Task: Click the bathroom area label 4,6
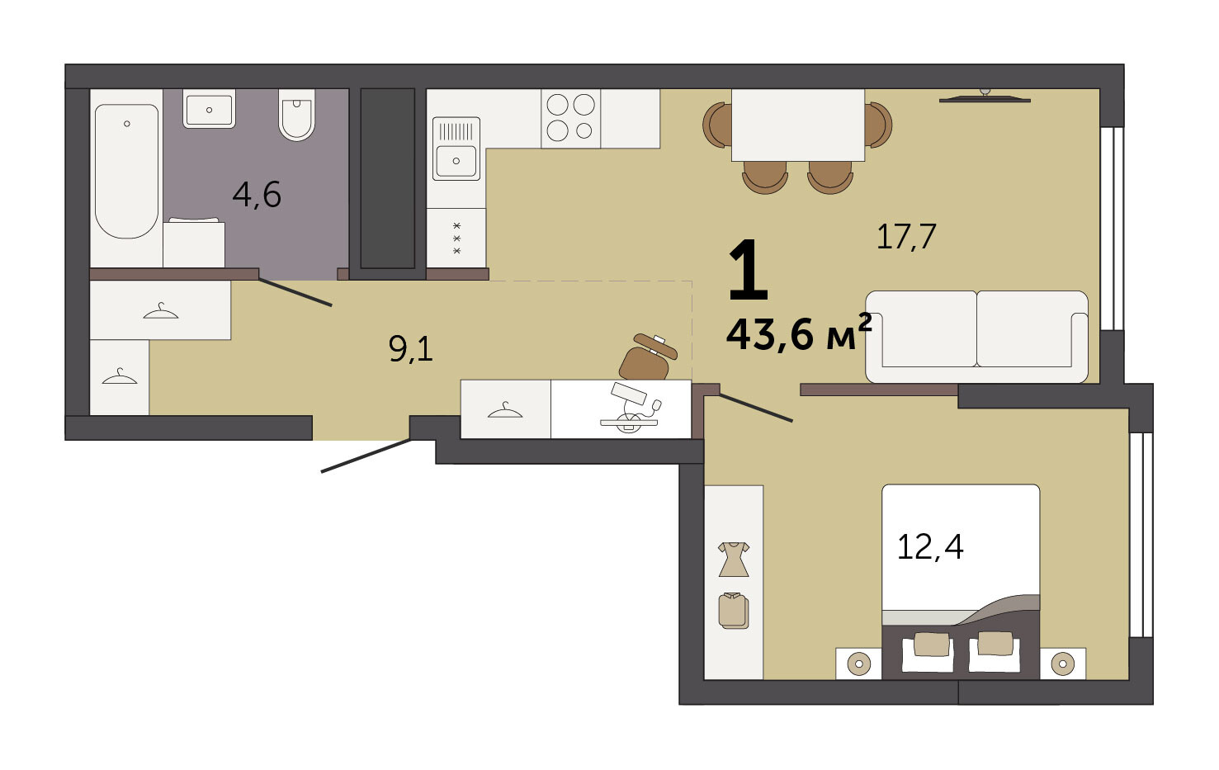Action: (x=257, y=195)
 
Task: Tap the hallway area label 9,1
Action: (x=411, y=349)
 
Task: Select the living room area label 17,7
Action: (x=906, y=237)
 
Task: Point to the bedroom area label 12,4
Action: (x=930, y=547)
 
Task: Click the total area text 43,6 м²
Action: (x=799, y=333)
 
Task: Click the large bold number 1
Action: (x=748, y=270)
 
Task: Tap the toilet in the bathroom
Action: (x=296, y=115)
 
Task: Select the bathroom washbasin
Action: (x=209, y=109)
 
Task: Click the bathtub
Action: (x=127, y=172)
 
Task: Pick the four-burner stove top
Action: (x=571, y=118)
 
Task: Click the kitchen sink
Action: (x=456, y=149)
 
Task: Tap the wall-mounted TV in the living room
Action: (x=985, y=97)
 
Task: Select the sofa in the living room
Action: (x=977, y=337)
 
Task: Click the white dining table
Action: (x=798, y=125)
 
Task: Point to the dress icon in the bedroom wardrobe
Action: (x=734, y=559)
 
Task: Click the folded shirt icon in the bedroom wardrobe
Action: (x=734, y=611)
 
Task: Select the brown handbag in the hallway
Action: (x=648, y=357)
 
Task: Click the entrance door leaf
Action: (x=366, y=456)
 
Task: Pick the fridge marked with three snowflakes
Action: (x=456, y=238)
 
